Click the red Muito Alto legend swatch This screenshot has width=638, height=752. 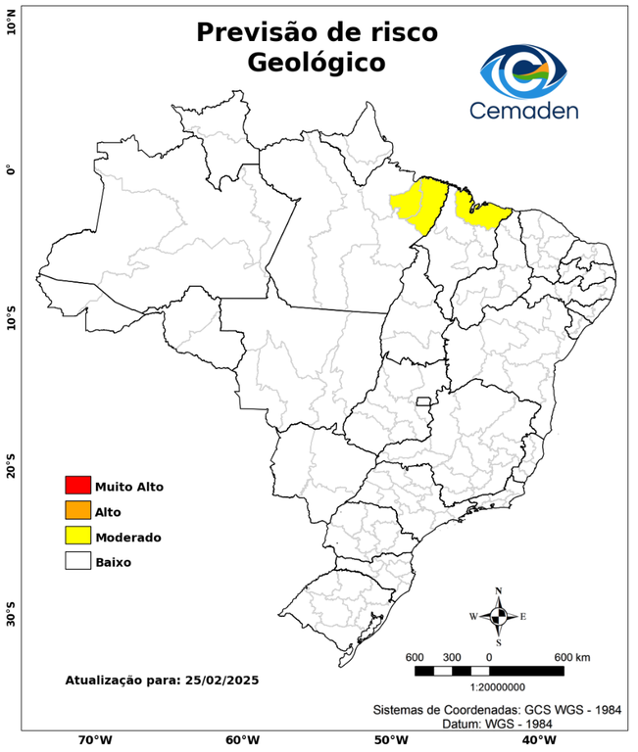(77, 485)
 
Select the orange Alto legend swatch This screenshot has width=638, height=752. (77, 510)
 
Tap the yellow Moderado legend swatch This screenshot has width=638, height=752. (77, 536)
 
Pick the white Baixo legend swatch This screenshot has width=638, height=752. (77, 561)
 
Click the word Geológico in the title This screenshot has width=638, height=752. (317, 63)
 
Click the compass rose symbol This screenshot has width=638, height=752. (498, 616)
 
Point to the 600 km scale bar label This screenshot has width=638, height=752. (572, 656)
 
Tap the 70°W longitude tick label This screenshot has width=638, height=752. (95, 740)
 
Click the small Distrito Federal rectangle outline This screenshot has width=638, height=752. (425, 401)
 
